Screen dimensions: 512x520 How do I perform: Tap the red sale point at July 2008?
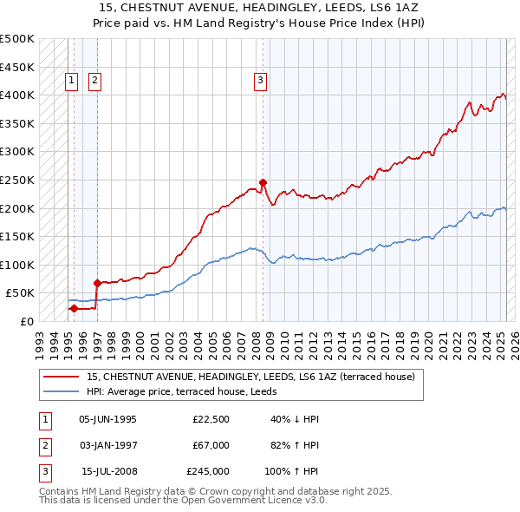(x=263, y=182)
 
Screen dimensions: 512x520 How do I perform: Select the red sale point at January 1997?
(x=96, y=283)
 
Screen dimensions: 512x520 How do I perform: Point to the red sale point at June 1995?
(x=74, y=308)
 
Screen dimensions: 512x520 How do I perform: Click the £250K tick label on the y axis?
(x=17, y=180)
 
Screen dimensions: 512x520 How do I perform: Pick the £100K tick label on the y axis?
(x=17, y=265)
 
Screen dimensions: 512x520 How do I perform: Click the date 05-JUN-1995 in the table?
(x=107, y=419)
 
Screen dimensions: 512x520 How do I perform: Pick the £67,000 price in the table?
(x=211, y=445)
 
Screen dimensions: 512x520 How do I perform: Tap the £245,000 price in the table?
(x=208, y=471)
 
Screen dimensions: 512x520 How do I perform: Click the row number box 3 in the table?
(x=44, y=471)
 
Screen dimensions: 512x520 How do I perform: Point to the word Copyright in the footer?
(x=285, y=490)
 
